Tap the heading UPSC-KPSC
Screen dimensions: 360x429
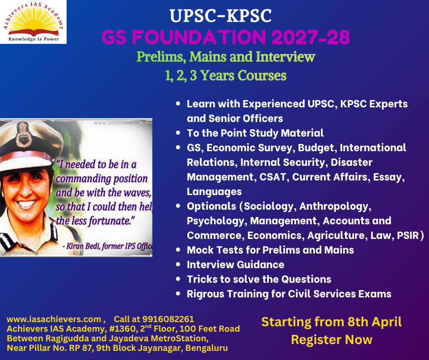pos(221,17)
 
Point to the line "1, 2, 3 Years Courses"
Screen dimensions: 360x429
pos(225,75)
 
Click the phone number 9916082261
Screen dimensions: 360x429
pos(168,319)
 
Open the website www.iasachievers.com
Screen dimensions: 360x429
pos(54,319)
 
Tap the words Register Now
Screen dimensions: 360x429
pos(331,340)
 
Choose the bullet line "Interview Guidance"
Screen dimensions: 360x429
pos(235,265)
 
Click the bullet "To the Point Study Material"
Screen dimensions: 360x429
pos(255,133)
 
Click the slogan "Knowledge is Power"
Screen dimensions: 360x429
pos(33,39)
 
